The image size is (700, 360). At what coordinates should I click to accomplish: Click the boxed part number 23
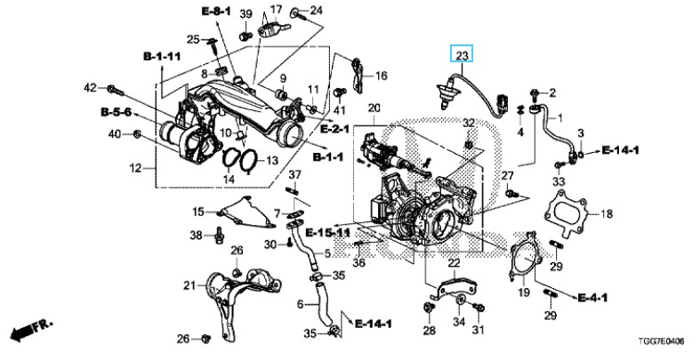(x=462, y=56)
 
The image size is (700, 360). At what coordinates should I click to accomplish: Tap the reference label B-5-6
(x=114, y=112)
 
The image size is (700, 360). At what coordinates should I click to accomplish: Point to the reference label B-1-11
(x=162, y=56)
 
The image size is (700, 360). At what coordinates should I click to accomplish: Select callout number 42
(x=90, y=87)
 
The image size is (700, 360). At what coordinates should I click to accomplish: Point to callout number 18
(x=607, y=213)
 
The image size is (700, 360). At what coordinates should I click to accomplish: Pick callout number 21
(x=189, y=284)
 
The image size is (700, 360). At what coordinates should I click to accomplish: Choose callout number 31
(x=479, y=332)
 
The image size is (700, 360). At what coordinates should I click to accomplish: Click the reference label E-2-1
(x=334, y=130)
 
